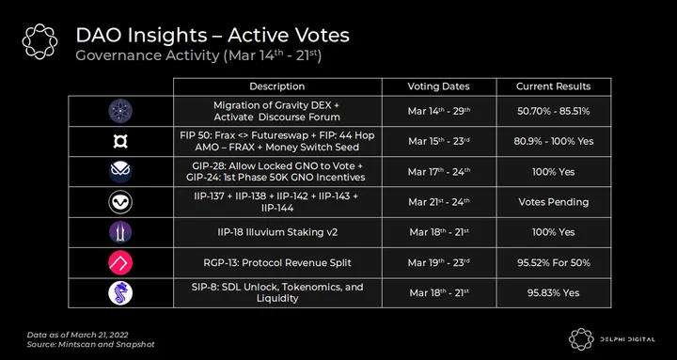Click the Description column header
[x=277, y=86]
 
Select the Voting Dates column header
[x=439, y=86]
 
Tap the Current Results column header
[x=553, y=86]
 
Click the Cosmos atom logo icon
[x=120, y=111]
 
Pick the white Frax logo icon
[x=120, y=141]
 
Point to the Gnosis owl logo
[x=120, y=171]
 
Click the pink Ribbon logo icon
[x=120, y=263]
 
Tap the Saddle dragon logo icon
[x=120, y=293]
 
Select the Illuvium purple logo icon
[x=120, y=232]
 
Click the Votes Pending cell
[x=554, y=202]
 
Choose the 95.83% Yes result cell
[x=553, y=293]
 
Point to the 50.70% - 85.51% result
[x=553, y=111]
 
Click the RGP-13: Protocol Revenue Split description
[x=277, y=263]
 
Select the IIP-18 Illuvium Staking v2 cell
[x=277, y=232]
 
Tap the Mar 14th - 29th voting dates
[x=439, y=111]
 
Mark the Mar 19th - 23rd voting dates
[x=439, y=263]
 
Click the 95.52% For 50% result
[x=554, y=263]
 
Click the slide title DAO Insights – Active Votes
[x=213, y=36]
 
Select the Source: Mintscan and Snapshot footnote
[x=90, y=344]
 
